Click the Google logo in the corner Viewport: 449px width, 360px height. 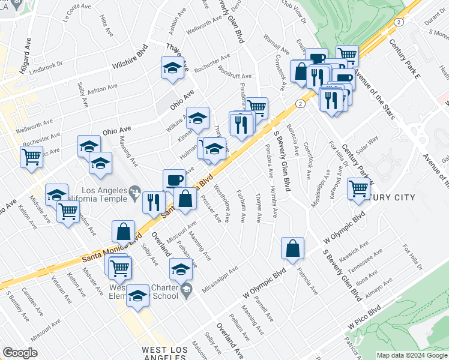coord(20,353)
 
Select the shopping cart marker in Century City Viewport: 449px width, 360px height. coord(358,188)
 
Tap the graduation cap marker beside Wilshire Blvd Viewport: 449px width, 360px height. coord(172,67)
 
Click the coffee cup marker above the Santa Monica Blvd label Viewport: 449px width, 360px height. coord(174,179)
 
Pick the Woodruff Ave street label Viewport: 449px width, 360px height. coord(235,77)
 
